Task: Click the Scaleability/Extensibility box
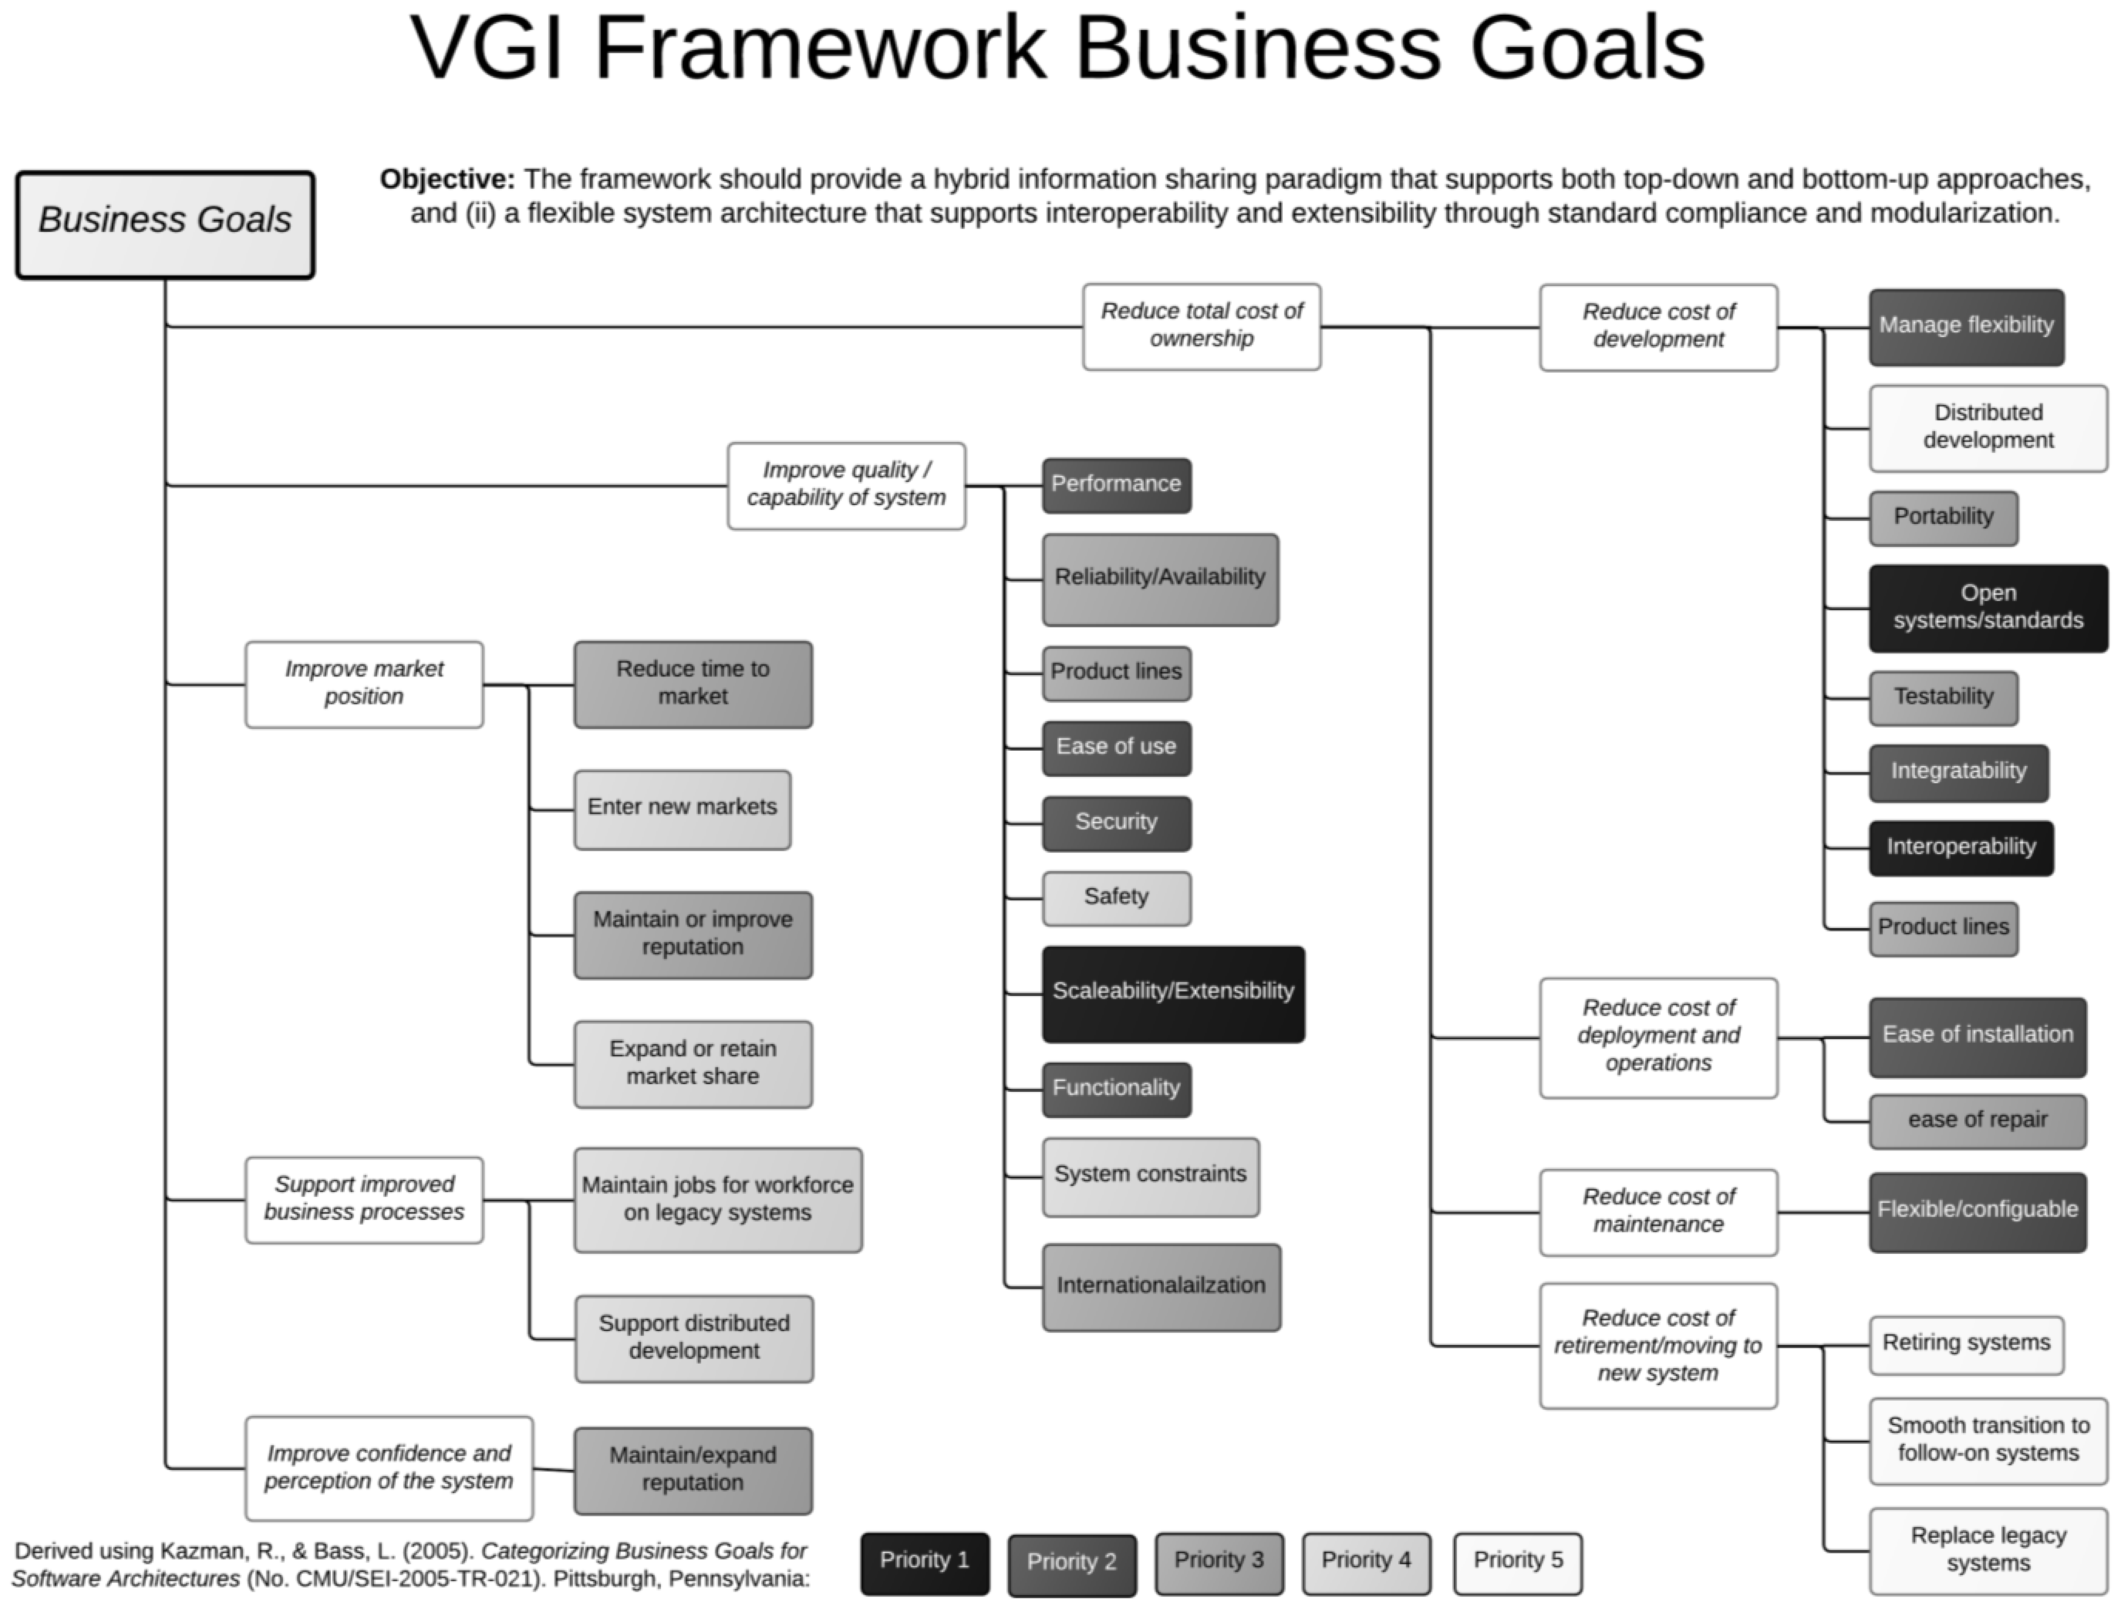pos(1173,993)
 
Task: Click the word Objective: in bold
pos(447,180)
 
